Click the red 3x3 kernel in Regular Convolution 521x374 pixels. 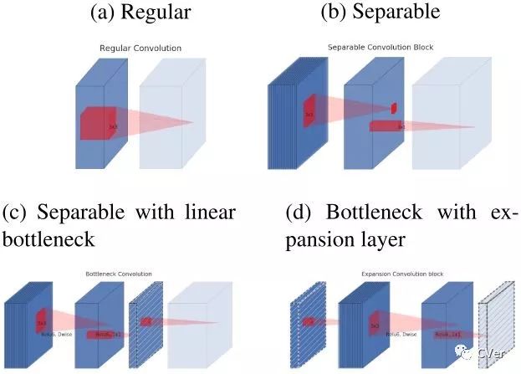100,124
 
